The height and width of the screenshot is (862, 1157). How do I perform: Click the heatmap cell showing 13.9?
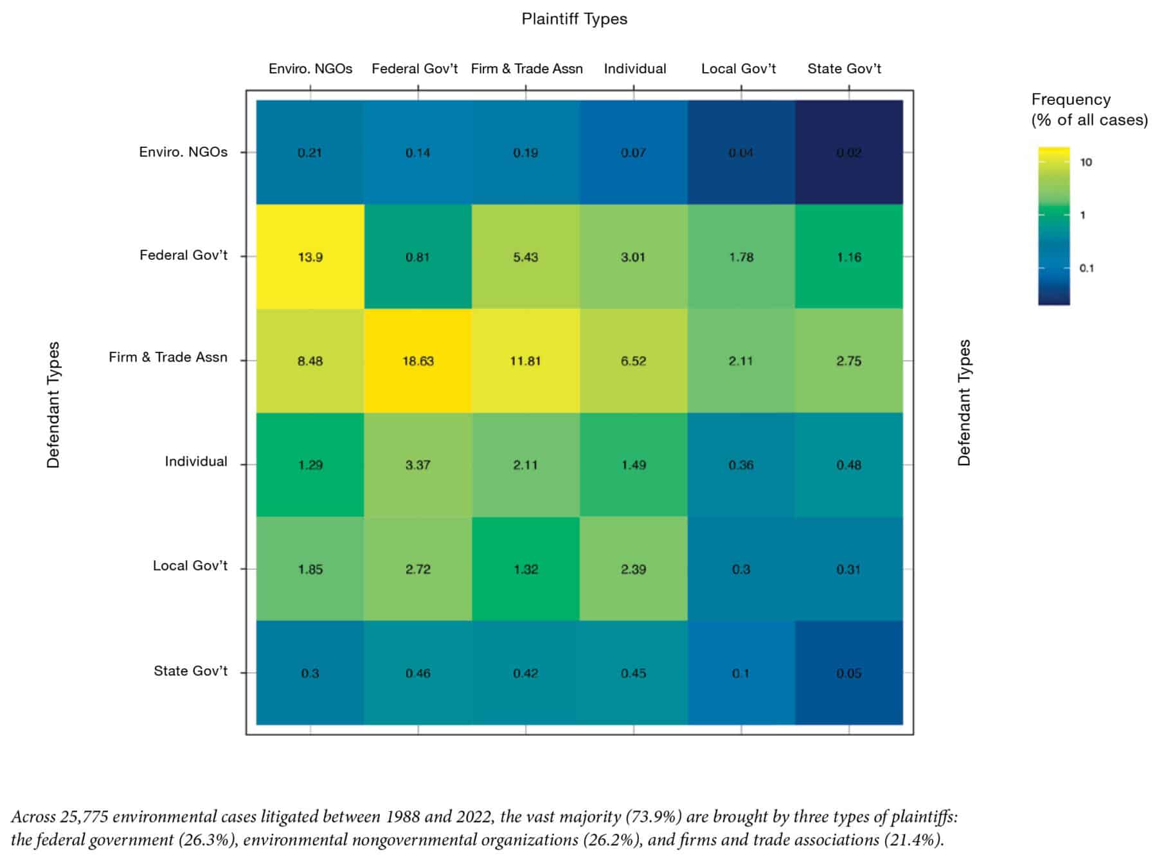tap(310, 257)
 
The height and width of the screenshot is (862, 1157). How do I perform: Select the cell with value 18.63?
tap(418, 361)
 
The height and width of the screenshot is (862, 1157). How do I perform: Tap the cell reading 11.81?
tap(525, 361)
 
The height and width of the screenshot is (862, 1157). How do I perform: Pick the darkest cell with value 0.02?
tap(848, 152)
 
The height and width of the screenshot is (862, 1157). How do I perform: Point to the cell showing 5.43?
tap(525, 257)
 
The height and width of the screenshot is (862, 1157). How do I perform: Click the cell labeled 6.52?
tap(633, 361)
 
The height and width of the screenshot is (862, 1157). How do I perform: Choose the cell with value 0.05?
tap(848, 673)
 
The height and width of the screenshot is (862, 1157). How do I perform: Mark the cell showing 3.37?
tap(418, 464)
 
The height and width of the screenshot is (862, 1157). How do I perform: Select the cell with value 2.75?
tap(848, 361)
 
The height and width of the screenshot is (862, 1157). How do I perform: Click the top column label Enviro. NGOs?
tap(310, 69)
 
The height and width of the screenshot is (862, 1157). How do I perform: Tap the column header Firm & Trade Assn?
tap(526, 69)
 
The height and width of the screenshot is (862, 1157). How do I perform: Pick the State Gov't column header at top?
tap(844, 69)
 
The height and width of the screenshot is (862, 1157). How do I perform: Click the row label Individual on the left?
tap(196, 461)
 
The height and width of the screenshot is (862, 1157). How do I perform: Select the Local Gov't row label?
tap(190, 565)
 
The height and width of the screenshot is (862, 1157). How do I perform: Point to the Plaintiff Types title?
tap(574, 19)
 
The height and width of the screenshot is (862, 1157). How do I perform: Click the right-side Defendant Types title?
tap(964, 403)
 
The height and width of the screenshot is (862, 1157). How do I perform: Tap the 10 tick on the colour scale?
tap(1086, 162)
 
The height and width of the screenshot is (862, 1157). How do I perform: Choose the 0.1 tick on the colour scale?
tap(1086, 268)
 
